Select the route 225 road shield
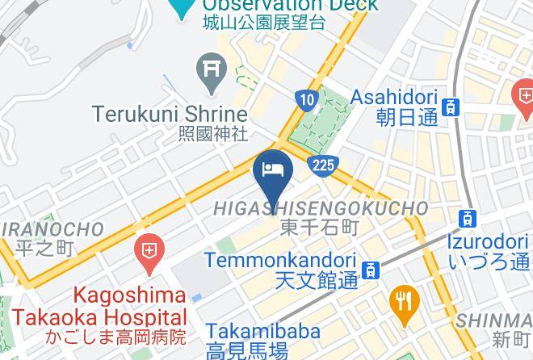tap(321, 165)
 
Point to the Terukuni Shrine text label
tap(169, 114)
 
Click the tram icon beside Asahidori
tap(451, 107)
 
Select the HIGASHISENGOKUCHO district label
tap(320, 208)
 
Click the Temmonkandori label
tap(279, 261)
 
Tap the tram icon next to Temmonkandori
tap(371, 270)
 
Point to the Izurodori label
tap(488, 241)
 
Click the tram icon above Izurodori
tap(467, 218)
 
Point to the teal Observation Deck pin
tap(183, 6)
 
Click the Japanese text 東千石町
tap(319, 228)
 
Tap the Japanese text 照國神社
tap(213, 134)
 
